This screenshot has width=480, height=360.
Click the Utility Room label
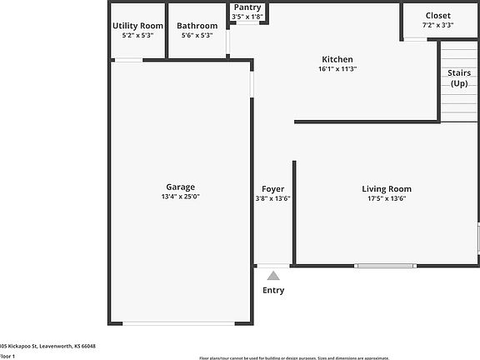(137, 26)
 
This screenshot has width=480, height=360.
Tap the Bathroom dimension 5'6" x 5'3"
(196, 36)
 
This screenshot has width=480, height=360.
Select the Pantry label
(247, 7)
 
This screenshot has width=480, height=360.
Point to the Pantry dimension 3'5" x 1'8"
(247, 17)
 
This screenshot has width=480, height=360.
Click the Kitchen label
(337, 59)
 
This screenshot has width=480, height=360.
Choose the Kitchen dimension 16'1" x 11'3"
(337, 69)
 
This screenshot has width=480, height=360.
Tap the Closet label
(437, 15)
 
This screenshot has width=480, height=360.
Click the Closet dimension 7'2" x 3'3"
(437, 25)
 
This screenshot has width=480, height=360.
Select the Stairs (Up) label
(459, 77)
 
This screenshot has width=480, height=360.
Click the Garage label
(181, 187)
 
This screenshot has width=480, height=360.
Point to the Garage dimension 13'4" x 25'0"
(181, 197)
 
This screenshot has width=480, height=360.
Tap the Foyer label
(272, 188)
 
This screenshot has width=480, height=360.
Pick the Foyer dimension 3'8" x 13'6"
(272, 198)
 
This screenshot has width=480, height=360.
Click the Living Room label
(386, 188)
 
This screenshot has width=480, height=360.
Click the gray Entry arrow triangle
(273, 276)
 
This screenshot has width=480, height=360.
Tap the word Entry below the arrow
(273, 290)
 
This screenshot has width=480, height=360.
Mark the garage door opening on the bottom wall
(179, 323)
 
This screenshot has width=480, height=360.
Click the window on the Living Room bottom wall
(385, 266)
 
